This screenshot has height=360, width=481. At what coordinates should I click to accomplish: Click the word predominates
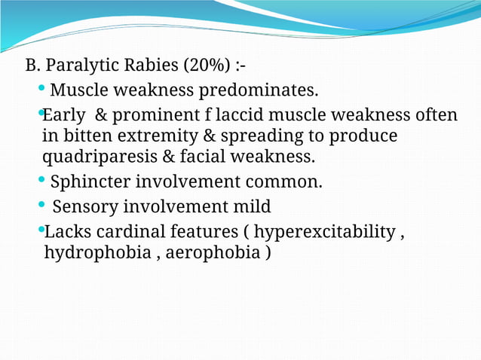click(x=258, y=91)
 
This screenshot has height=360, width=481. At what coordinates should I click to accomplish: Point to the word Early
click(x=64, y=116)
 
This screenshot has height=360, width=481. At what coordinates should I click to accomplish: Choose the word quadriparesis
click(x=103, y=157)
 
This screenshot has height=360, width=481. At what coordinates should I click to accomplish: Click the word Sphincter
click(x=86, y=182)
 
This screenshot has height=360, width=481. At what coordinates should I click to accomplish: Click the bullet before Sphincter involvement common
click(x=41, y=181)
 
